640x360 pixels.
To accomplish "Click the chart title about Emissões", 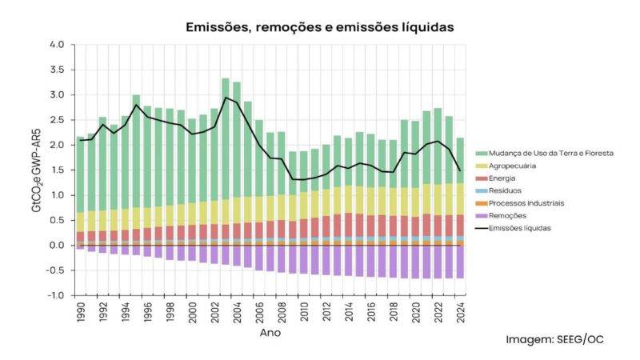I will coord(320,27).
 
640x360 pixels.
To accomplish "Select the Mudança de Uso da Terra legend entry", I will coord(544,153).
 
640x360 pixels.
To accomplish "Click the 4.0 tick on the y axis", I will coord(56,45).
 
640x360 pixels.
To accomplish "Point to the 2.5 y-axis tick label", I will coord(56,120).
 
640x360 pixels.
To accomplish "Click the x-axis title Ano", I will coord(270,332).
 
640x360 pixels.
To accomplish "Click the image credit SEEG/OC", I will coord(554,339).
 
